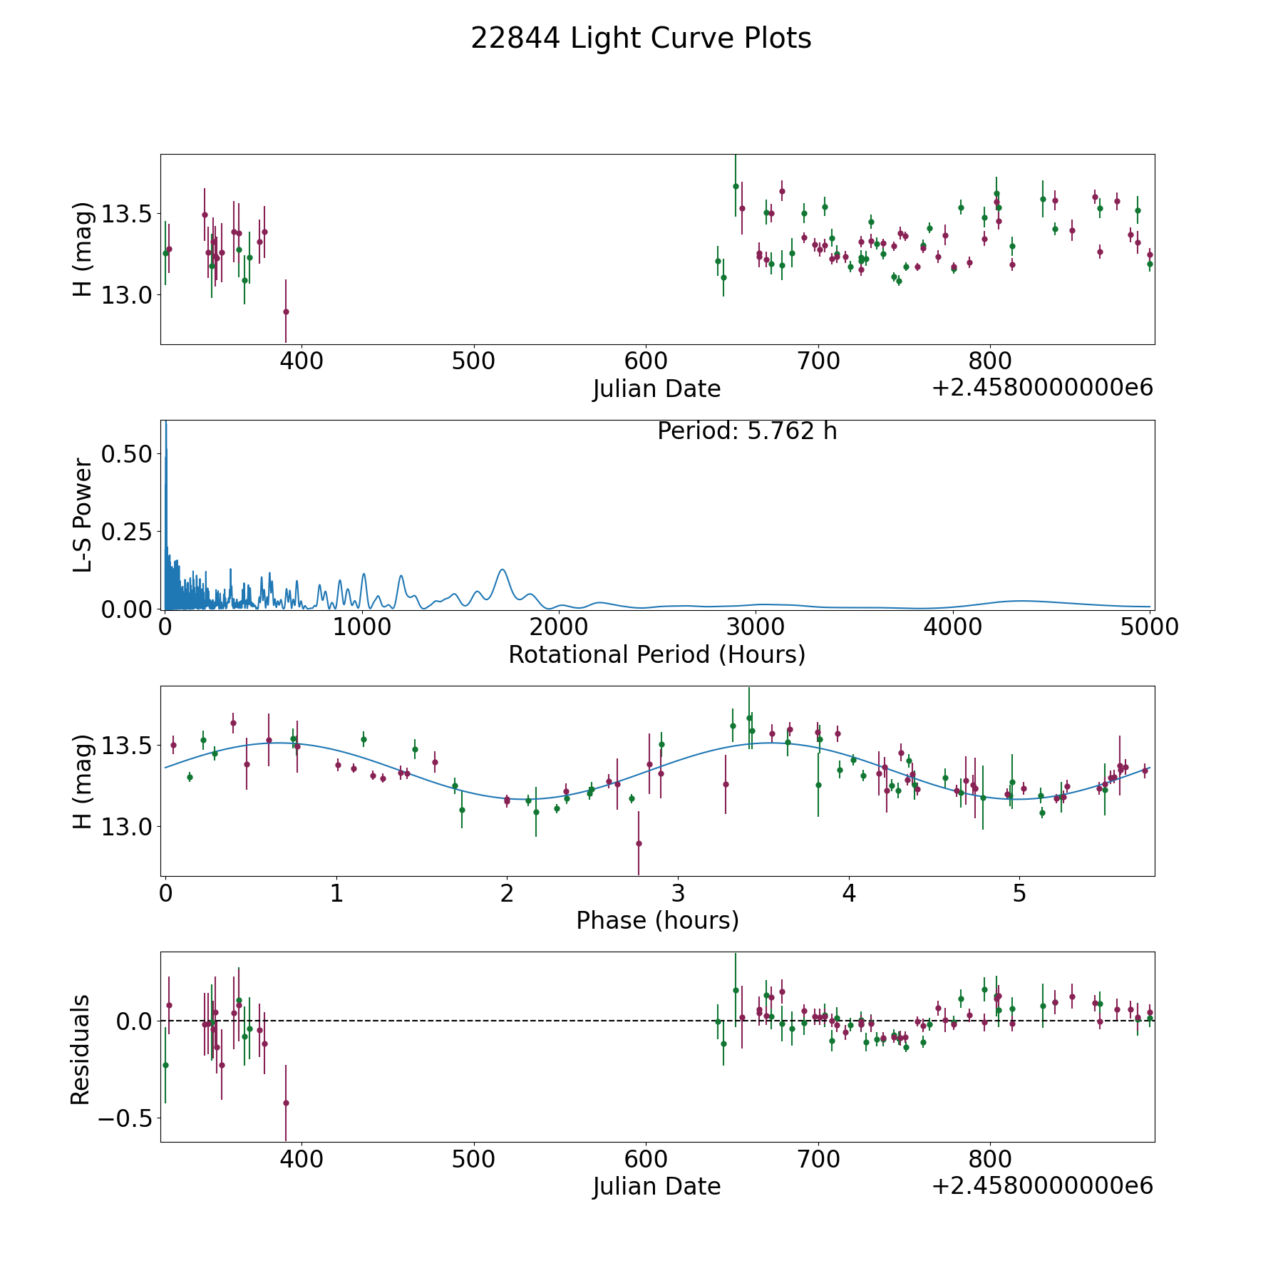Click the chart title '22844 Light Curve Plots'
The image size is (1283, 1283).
[x=641, y=38]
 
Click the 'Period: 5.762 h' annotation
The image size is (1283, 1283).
[x=747, y=431]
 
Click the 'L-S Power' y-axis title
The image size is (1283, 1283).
[x=83, y=515]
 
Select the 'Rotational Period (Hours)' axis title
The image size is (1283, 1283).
[x=656, y=654]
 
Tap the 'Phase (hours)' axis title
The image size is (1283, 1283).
[x=657, y=920]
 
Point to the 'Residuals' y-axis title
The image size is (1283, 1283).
[x=81, y=1049]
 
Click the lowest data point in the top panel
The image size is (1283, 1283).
[x=286, y=311]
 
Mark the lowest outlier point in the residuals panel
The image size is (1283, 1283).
[x=286, y=1103]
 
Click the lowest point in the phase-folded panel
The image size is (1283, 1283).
[x=639, y=843]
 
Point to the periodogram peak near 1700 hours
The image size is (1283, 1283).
[x=503, y=570]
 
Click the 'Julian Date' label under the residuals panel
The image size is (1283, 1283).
[x=656, y=1186]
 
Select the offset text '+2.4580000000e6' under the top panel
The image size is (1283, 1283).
[x=1042, y=388]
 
